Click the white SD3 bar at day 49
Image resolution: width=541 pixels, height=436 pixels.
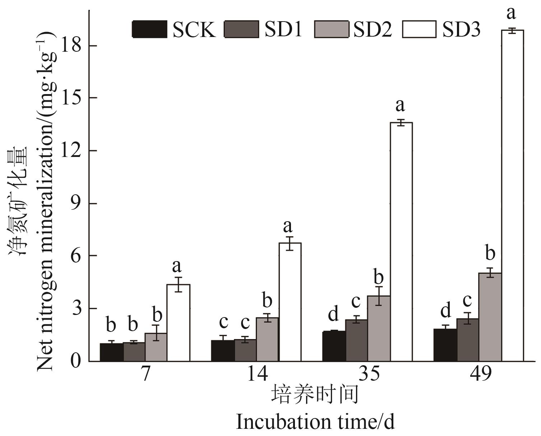(512, 196)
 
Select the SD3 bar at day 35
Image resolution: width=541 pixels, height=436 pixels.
(401, 242)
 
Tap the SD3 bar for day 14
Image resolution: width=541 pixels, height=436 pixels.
(290, 302)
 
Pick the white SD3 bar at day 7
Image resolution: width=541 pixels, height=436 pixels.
(179, 323)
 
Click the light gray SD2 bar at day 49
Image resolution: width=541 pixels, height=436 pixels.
(490, 317)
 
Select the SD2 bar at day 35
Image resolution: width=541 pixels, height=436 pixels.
(379, 328)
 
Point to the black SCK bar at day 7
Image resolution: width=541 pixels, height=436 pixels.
(112, 352)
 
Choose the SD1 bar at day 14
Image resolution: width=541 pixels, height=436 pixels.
(245, 350)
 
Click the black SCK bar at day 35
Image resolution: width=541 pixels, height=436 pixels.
(334, 346)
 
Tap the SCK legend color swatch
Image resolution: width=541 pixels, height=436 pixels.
(149, 29)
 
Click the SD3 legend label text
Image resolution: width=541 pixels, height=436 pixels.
(461, 29)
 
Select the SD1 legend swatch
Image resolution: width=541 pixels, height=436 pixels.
(241, 29)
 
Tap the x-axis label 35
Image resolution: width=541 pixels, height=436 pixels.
(369, 375)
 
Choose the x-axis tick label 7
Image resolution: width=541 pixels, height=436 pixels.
(145, 375)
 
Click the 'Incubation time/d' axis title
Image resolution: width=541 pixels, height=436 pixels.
(315, 422)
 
